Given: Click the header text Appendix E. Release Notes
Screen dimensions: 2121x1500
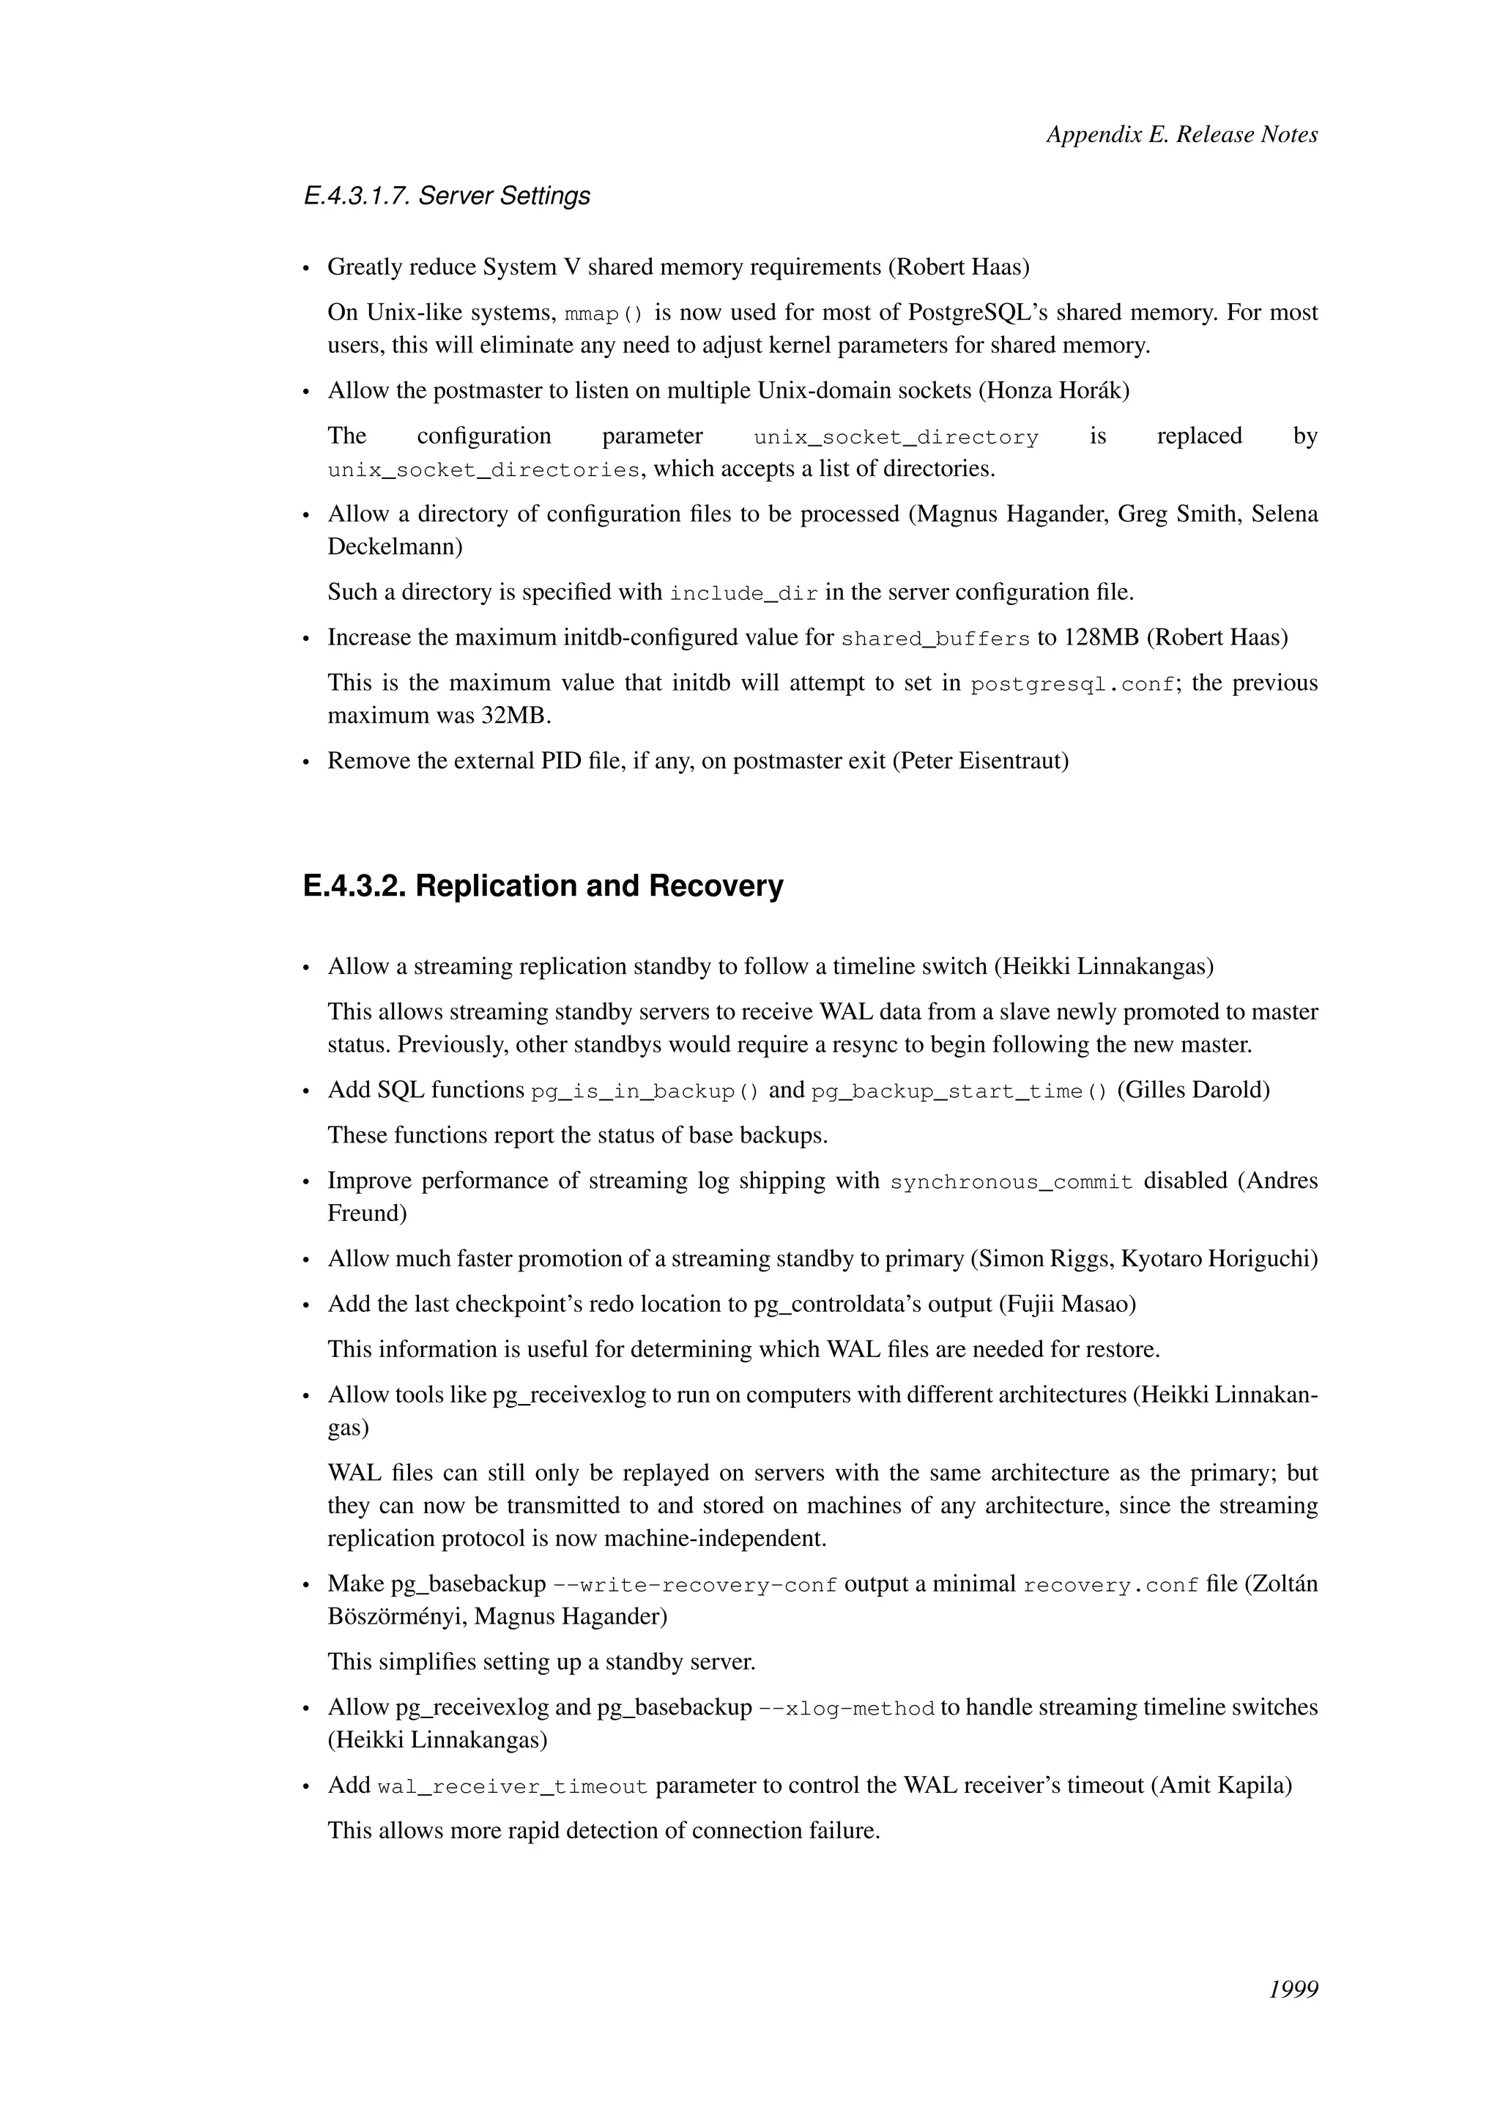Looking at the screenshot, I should click(x=1181, y=135).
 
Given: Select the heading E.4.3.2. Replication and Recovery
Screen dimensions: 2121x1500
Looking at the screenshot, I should click(x=543, y=886).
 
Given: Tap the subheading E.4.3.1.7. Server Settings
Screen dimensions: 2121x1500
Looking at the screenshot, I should click(x=447, y=196).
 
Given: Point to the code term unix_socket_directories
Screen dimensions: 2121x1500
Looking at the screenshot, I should click(x=484, y=470).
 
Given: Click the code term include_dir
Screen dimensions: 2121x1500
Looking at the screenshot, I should click(x=743, y=593).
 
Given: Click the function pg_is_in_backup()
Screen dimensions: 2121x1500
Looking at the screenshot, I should click(x=645, y=1092).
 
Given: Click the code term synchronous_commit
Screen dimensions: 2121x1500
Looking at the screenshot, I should click(x=1011, y=1182).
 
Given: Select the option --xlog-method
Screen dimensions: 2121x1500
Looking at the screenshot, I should click(x=846, y=1709).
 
